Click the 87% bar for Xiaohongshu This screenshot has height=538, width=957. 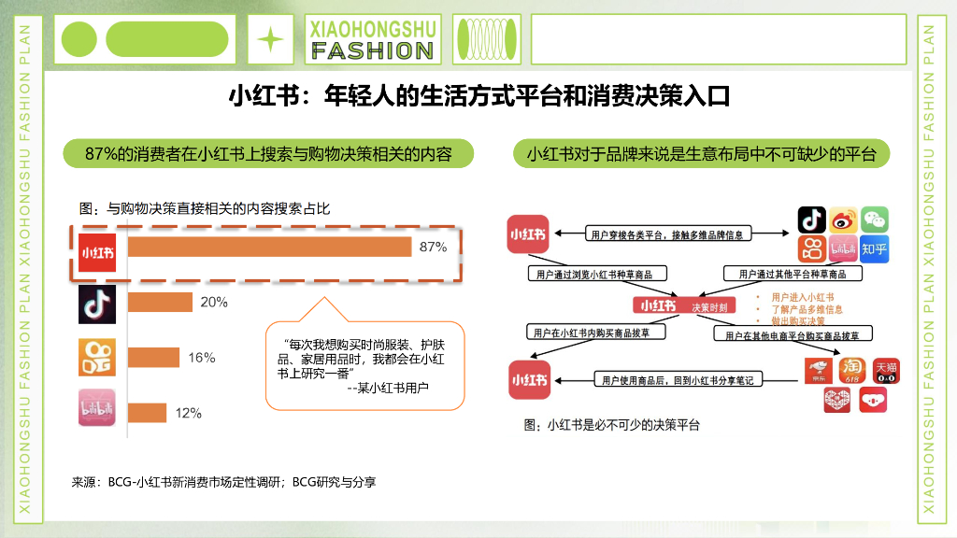pyautogui.click(x=269, y=248)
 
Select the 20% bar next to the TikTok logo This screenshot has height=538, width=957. pyautogui.click(x=160, y=303)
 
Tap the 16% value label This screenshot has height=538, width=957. pyautogui.click(x=202, y=358)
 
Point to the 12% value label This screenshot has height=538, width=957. pyautogui.click(x=188, y=413)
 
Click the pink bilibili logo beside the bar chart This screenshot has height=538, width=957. pyautogui.click(x=96, y=408)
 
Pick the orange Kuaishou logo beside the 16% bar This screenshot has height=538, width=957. pyautogui.click(x=96, y=357)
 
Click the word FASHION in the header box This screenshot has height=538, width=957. pyautogui.click(x=373, y=50)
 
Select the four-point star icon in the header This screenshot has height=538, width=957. pyautogui.click(x=270, y=39)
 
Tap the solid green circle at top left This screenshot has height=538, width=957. pyautogui.click(x=79, y=39)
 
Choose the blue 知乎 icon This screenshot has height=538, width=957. pyautogui.click(x=874, y=249)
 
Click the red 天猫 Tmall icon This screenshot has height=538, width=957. pyautogui.click(x=885, y=370)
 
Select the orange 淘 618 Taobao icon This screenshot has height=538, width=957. pyautogui.click(x=851, y=370)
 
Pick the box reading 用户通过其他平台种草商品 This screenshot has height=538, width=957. pyautogui.click(x=793, y=274)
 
